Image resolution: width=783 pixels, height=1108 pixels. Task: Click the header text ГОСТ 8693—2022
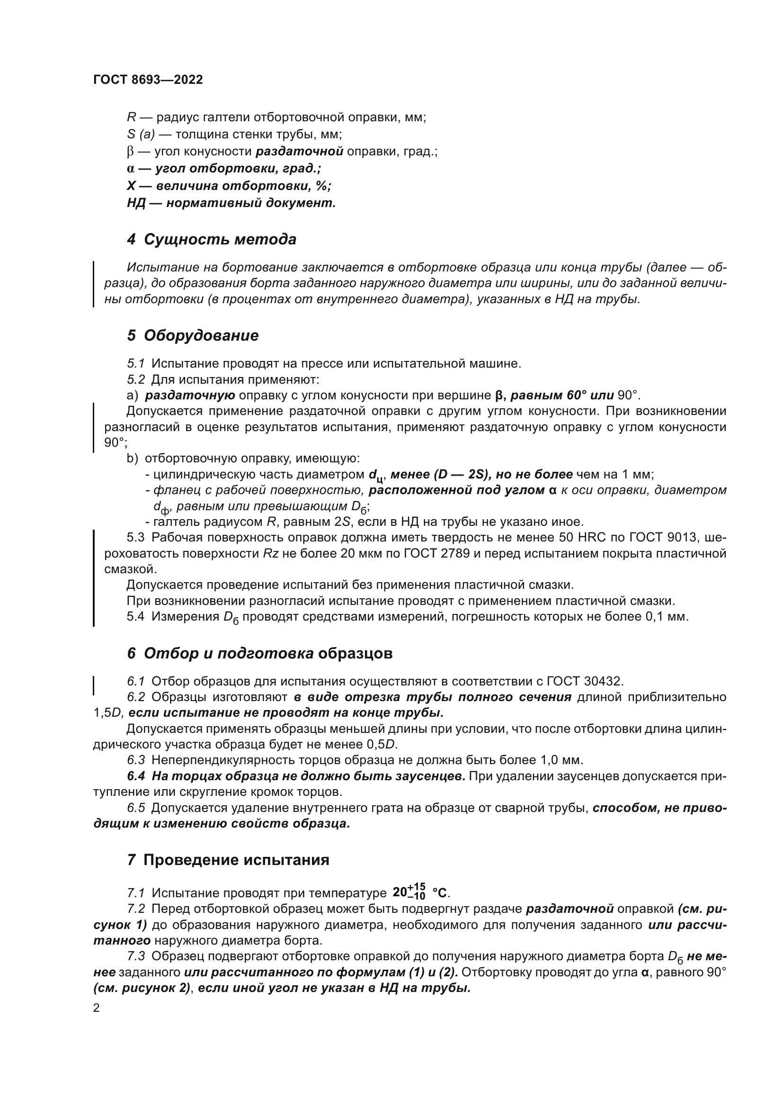click(148, 80)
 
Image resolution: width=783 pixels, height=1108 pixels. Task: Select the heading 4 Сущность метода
click(212, 239)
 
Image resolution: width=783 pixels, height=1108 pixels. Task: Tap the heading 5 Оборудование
click(193, 335)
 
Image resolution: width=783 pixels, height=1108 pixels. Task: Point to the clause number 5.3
click(135, 538)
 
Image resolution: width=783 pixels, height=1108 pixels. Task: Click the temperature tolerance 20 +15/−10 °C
click(419, 892)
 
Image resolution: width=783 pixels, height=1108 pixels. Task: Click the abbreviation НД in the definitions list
click(136, 203)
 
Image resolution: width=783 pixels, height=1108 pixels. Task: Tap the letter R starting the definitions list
click(131, 117)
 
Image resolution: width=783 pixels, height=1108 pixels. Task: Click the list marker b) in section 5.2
click(132, 459)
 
